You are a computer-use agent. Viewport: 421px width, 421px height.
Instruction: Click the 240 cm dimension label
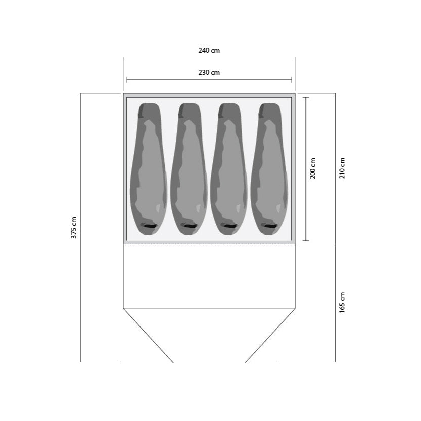(x=209, y=50)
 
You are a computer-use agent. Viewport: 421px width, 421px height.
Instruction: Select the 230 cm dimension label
(x=209, y=72)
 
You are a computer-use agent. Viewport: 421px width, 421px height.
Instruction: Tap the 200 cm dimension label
(x=313, y=168)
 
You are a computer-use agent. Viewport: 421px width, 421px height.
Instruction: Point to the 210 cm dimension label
(x=342, y=168)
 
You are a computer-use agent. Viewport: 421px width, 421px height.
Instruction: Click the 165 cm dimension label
(x=342, y=302)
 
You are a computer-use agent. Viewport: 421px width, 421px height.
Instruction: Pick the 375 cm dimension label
(x=74, y=227)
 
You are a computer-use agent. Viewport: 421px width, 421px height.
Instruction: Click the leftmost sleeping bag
(x=149, y=169)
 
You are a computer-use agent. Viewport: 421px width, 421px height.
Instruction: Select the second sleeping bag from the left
(x=189, y=169)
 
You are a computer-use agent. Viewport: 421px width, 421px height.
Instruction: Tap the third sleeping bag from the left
(x=229, y=169)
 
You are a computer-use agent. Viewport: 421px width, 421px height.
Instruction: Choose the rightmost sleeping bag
(x=269, y=169)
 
